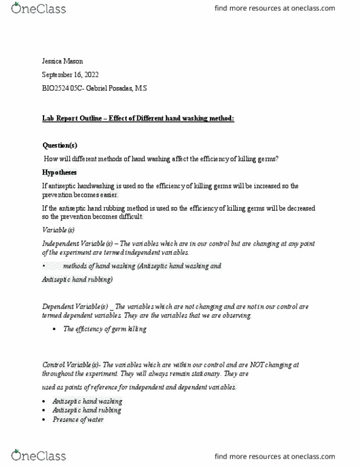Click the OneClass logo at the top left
38,8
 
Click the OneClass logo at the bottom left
38,455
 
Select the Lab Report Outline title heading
138,118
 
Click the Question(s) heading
59,145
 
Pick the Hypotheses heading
59,172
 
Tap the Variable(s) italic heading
58,230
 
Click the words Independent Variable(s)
75,243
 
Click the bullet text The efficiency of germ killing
104,329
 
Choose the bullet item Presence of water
77,419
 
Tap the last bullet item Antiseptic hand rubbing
87,410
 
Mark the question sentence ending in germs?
161,159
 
